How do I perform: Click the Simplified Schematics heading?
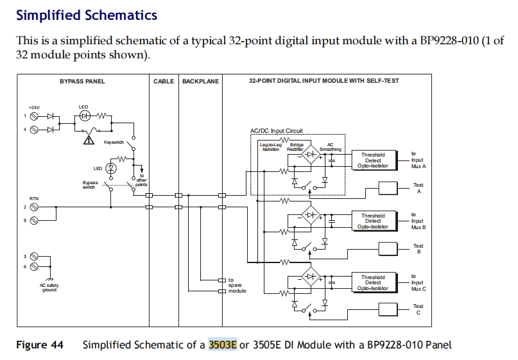point(86,13)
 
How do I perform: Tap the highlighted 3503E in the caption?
point(223,345)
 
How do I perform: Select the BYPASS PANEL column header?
point(82,81)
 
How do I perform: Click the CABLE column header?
point(164,81)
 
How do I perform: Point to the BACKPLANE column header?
point(200,81)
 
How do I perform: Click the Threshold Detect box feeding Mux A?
point(373,160)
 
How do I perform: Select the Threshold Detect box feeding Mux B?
point(373,221)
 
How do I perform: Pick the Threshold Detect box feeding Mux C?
point(373,282)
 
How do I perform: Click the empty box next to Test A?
point(389,187)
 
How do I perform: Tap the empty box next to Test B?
point(389,248)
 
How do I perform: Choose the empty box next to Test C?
point(389,309)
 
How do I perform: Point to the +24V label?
point(34,108)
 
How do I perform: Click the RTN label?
point(33,199)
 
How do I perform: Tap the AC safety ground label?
point(49,287)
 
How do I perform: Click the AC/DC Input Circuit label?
point(276,131)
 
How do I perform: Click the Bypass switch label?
point(90,185)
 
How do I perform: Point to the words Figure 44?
point(40,345)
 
